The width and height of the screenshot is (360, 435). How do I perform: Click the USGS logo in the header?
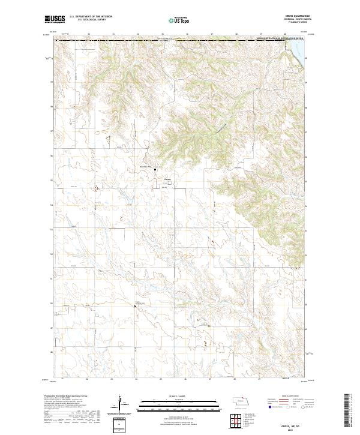tap(55, 19)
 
